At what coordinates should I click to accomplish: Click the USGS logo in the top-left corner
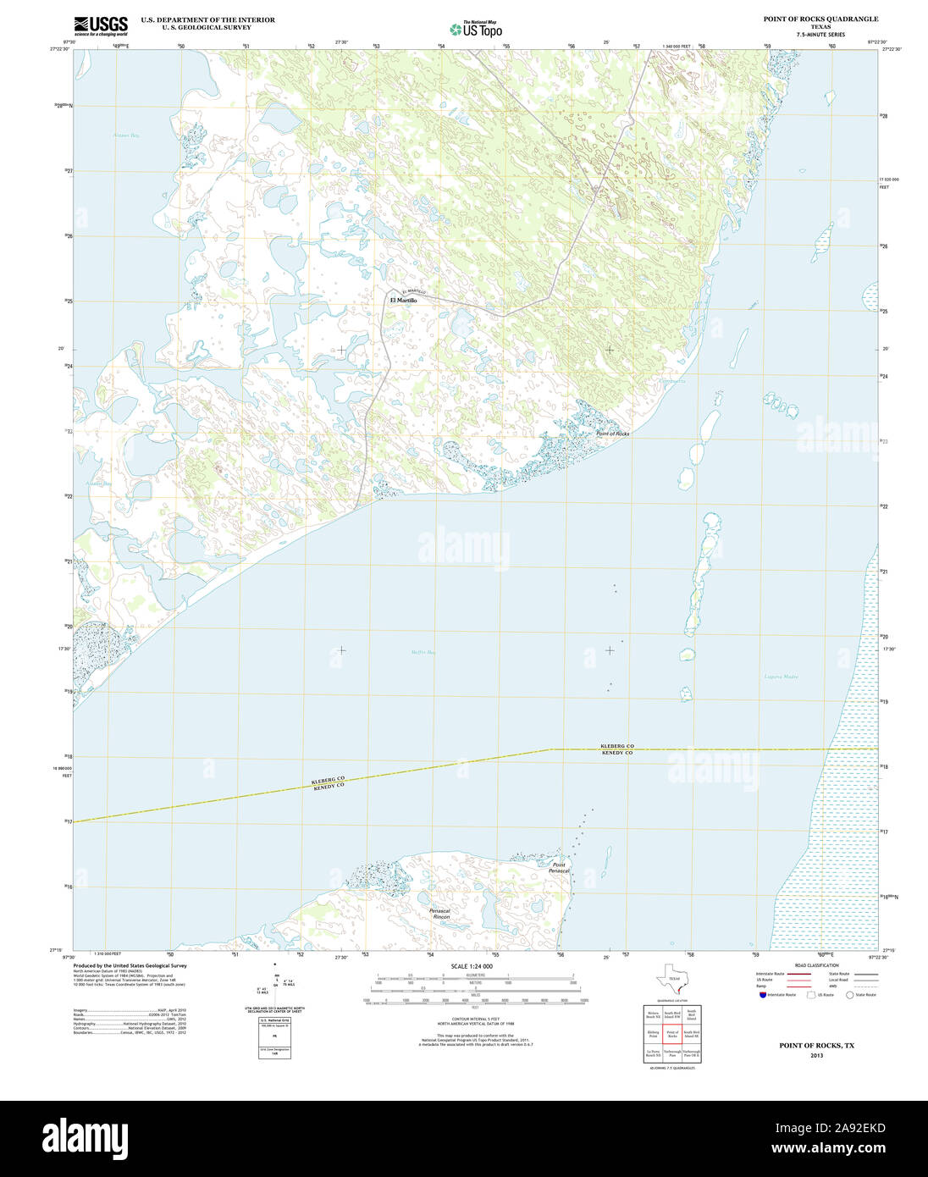coord(101,25)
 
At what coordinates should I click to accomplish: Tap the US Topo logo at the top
coord(476,29)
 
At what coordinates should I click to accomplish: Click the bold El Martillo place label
coord(403,301)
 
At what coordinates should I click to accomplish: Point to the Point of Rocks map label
coord(612,434)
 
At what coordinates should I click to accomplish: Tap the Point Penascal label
coord(559,868)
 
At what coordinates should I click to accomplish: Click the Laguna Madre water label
coord(781,677)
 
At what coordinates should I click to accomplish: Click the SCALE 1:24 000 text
coord(472,966)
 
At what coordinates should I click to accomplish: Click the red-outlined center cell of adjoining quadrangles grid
coord(672,1035)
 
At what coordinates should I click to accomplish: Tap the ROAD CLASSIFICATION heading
coord(816,965)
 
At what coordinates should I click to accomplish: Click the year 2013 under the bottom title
coord(816,1056)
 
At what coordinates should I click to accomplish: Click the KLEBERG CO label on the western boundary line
coord(328,779)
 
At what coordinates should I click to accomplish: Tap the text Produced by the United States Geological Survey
coord(130,965)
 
